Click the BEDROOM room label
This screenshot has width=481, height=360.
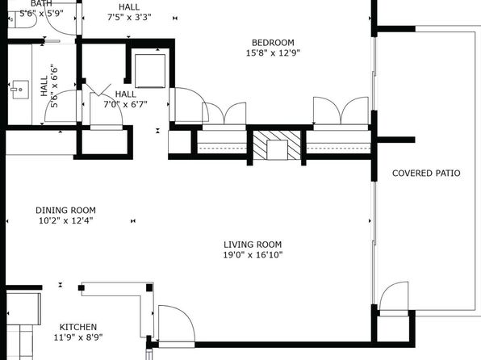[x=273, y=43]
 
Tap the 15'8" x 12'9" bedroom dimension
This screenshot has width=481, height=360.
[x=273, y=52]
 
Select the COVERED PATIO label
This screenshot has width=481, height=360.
[x=426, y=173]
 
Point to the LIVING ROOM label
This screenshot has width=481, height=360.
[x=253, y=245]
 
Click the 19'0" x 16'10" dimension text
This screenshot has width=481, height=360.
[x=253, y=255]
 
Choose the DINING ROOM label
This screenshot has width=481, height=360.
[x=65, y=210]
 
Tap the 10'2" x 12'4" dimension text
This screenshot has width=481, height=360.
[x=65, y=220]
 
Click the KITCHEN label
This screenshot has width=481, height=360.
[x=78, y=327]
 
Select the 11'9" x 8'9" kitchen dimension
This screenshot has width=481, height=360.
[x=78, y=337]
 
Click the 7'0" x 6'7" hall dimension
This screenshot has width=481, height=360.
[x=125, y=104]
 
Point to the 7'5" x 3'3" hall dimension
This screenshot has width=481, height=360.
[x=129, y=17]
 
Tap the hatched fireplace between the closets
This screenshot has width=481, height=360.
[x=277, y=144]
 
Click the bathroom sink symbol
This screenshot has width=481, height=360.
[x=20, y=90]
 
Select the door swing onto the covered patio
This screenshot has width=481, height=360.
[x=394, y=296]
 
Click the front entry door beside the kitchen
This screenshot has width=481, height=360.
[x=177, y=323]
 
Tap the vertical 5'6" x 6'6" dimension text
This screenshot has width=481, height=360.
[x=54, y=86]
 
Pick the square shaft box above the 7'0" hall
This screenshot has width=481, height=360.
[x=150, y=71]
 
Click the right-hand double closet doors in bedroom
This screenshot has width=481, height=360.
[x=341, y=111]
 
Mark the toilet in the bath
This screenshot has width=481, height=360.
[x=22, y=19]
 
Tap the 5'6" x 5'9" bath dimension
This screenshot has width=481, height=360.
[x=41, y=13]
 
